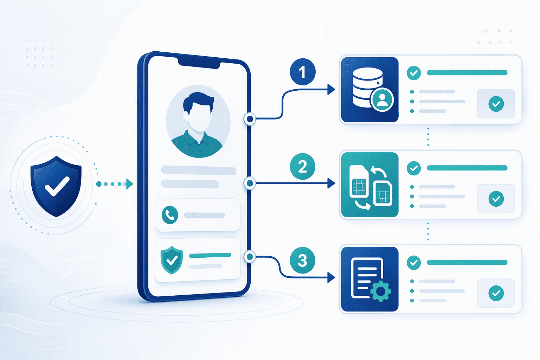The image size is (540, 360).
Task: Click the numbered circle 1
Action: [303, 72]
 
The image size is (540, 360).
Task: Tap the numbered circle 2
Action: [303, 166]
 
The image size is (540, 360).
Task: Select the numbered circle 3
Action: [303, 261]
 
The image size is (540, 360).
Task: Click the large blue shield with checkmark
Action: [56, 186]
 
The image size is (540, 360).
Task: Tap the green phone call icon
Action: [170, 215]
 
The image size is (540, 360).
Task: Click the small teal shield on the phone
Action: [172, 260]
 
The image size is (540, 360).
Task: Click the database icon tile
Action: [370, 89]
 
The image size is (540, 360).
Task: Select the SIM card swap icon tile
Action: [370, 185]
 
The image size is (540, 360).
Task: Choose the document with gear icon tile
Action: [370, 279]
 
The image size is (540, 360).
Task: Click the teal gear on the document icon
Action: [380, 291]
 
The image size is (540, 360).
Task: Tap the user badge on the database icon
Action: [382, 99]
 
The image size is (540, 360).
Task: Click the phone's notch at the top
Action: [199, 62]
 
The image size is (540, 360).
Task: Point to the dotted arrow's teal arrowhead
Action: [130, 184]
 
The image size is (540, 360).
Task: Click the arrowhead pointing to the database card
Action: [331, 89]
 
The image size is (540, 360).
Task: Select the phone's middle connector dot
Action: [250, 183]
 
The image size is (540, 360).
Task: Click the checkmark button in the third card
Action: [496, 293]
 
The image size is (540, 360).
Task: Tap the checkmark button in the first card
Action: [496, 104]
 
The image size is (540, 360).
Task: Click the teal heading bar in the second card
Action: [467, 168]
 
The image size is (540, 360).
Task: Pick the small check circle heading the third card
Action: [414, 263]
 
